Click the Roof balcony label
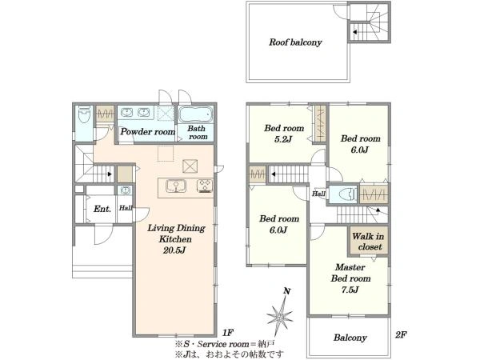pos(295,42)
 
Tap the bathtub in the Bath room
pos(196,115)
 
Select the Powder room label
pos(147,132)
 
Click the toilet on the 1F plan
pos(83,116)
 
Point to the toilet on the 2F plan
pos(348,194)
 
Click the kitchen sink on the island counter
pos(176,186)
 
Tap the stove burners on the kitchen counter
pos(205,186)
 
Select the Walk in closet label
pos(368,242)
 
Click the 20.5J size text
pos(174,250)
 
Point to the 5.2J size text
pos(283,139)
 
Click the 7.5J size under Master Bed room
pos(350,290)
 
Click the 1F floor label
pos(228,332)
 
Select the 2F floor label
pos(401,335)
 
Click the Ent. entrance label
pos(102,209)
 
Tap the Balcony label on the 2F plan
pos(350,338)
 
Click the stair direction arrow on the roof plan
pos(354,32)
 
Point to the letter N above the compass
pos(287,291)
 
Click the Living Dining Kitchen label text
pos(176,234)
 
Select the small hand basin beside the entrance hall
pos(125,190)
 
